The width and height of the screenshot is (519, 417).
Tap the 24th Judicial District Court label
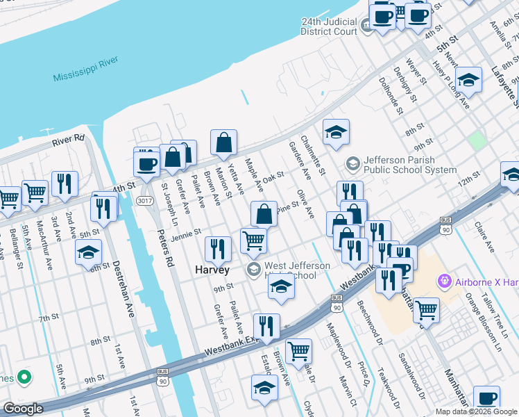tap(329, 26)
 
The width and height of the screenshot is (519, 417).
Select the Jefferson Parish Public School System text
tap(409, 165)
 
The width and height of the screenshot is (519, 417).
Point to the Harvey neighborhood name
tap(212, 269)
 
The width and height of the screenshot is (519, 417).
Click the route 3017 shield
tap(144, 200)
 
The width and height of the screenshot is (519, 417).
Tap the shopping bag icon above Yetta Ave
tap(224, 143)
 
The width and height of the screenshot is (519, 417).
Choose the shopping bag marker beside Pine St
tap(264, 214)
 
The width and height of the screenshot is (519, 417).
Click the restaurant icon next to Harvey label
tap(219, 249)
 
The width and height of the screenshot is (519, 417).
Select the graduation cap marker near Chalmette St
tap(336, 132)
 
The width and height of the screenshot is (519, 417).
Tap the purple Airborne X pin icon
tap(443, 281)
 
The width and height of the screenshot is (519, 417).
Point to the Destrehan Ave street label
tap(124, 288)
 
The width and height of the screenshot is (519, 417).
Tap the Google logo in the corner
tap(23, 409)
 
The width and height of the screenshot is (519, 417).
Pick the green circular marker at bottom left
tap(24, 377)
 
